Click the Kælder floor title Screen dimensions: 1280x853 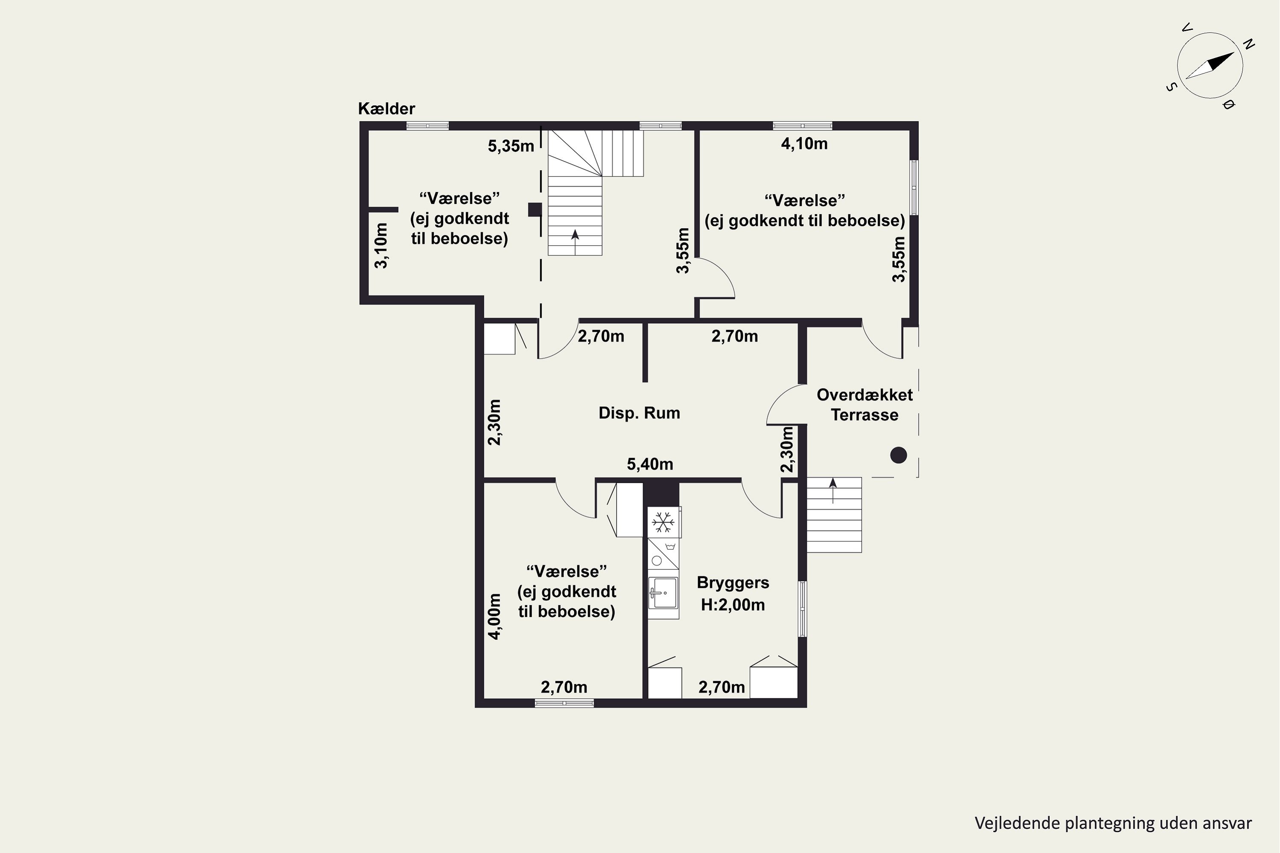(387, 109)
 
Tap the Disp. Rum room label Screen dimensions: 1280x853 (640, 413)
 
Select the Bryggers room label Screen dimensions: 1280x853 (733, 583)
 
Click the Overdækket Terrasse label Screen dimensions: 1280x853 (865, 405)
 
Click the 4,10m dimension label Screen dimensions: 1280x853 (804, 144)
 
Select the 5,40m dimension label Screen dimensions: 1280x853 (650, 464)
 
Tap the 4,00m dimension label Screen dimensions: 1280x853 (494, 616)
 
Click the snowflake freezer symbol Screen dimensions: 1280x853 (663, 522)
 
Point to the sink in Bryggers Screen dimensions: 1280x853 (663, 592)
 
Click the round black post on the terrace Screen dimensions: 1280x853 (899, 455)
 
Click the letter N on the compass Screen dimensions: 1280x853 (1250, 45)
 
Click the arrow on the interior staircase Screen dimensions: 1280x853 (575, 242)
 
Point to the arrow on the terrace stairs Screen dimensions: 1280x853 (833, 491)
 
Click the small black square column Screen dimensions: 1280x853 (535, 209)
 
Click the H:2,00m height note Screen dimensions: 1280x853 (733, 605)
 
